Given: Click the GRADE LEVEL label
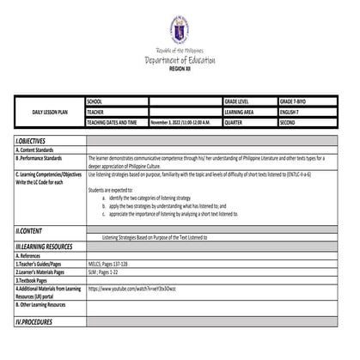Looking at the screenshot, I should pos(240,101).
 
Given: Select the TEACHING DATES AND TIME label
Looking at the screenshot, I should pos(116,122).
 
